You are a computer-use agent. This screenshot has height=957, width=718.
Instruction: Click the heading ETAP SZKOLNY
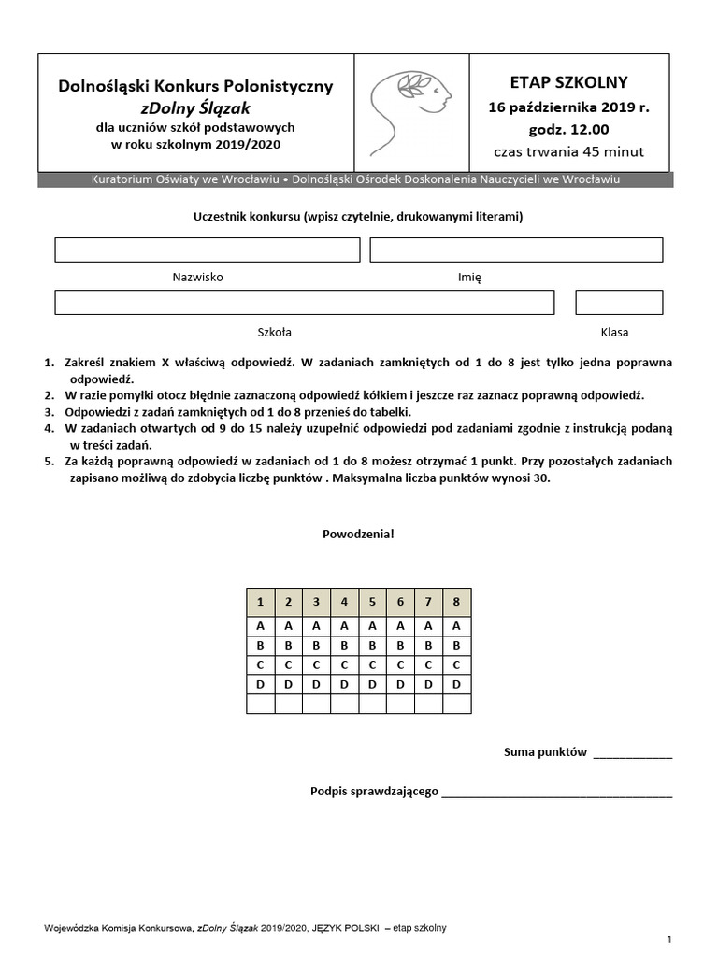pos(568,82)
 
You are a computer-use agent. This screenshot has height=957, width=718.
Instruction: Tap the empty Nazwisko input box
pos(207,250)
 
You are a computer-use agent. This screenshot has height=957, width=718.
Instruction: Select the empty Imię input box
pos(516,250)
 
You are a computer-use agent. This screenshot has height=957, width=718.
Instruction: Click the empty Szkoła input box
pos(304,302)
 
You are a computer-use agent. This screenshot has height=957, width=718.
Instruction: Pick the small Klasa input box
pos(619,302)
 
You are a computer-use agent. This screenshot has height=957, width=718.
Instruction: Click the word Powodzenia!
pos(358,534)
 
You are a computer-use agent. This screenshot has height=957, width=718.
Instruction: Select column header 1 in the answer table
pos(260,602)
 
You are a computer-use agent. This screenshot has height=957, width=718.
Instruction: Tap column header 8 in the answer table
pos(456,602)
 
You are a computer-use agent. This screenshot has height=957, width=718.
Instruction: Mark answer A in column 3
pos(316,625)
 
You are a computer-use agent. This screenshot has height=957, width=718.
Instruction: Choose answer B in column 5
pos(372,645)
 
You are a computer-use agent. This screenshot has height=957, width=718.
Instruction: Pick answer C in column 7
pos(428,664)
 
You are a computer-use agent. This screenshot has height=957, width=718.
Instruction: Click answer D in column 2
pos(288,684)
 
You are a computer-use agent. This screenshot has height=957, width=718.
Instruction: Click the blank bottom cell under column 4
pos(344,704)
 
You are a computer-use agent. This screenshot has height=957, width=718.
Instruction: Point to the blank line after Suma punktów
pos(632,753)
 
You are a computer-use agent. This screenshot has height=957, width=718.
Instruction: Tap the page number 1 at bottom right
pos(669,937)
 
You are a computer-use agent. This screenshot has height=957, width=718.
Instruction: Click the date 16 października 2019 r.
pos(568,107)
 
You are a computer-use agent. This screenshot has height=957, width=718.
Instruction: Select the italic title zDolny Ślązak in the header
pos(195,107)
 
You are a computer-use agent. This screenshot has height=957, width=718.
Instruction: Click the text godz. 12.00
pos(568,130)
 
